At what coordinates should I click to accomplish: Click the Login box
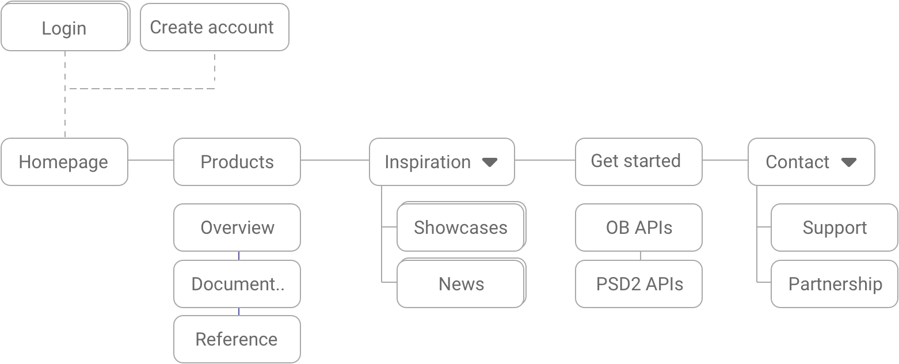[x=64, y=27]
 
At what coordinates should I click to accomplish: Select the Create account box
[x=214, y=27]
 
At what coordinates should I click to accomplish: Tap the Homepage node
[x=64, y=162]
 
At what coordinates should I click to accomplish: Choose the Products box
[x=237, y=162]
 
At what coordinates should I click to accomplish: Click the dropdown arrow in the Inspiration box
[x=489, y=162]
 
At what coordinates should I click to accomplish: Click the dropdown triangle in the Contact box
[x=848, y=162]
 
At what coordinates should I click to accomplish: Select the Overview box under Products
[x=237, y=227]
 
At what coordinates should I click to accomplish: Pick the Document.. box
[x=237, y=284]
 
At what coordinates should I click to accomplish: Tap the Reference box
[x=237, y=339]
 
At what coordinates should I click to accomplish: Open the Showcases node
[x=460, y=227]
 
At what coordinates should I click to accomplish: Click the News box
[x=460, y=284]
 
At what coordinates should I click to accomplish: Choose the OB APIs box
[x=638, y=227]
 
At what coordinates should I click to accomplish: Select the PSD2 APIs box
[x=638, y=284]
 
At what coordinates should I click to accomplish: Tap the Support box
[x=834, y=227]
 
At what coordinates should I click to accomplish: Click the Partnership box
[x=834, y=284]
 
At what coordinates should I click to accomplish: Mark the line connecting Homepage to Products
[x=150, y=160]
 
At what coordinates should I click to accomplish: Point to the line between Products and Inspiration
[x=334, y=160]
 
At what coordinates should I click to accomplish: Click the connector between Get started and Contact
[x=725, y=160]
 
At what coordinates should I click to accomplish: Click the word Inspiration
[x=427, y=162]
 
